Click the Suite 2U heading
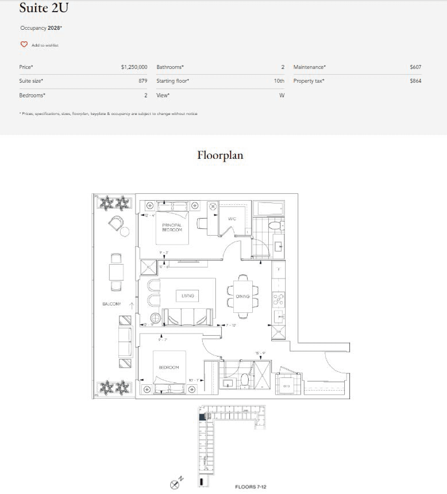[44, 8]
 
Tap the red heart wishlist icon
[24, 44]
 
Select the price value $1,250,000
[134, 67]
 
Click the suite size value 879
[143, 81]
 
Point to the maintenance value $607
[415, 67]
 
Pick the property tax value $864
[415, 81]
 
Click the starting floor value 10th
[279, 81]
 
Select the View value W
[281, 95]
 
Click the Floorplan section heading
[220, 155]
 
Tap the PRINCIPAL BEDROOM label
[172, 227]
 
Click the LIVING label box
[188, 296]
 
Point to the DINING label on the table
[243, 296]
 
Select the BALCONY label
[112, 304]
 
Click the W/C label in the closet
[232, 219]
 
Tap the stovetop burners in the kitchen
[278, 300]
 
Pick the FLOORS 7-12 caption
[250, 487]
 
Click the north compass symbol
[175, 484]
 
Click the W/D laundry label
[286, 386]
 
